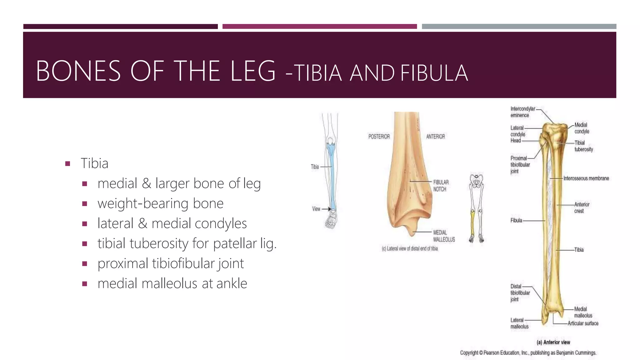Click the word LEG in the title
coord(253,71)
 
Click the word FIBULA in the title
coord(434,73)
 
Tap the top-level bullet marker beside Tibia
coord(67,163)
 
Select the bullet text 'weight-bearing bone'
coord(160,203)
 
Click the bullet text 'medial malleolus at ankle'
coord(172,283)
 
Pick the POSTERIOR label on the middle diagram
coord(379,137)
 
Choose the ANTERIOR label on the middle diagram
coord(435,137)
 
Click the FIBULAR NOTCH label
coord(441,186)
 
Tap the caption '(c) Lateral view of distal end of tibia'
coord(410,249)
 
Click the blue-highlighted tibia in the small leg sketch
coord(332,175)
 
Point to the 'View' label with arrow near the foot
coord(316,209)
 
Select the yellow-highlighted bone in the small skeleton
coord(472,223)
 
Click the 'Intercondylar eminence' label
coord(522,112)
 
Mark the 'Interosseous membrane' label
coord(586,178)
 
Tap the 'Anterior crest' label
coord(582,207)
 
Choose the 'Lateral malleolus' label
coord(519,323)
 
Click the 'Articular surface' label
coord(583,323)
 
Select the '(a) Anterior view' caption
coord(553,342)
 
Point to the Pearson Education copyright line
coord(528,353)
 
